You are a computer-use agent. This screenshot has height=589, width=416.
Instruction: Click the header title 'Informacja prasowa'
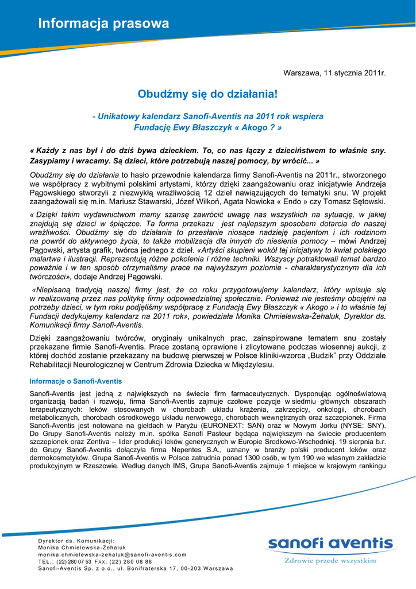click(x=103, y=24)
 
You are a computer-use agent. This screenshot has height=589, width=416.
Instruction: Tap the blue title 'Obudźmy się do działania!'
click(x=207, y=93)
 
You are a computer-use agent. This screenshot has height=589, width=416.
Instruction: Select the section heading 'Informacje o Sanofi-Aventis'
click(x=76, y=381)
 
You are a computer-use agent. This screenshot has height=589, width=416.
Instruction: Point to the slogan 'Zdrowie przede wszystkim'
click(x=330, y=560)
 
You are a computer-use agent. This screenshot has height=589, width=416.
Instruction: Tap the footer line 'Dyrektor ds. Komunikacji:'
click(x=76, y=541)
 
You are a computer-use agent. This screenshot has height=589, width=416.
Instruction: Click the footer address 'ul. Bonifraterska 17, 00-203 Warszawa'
click(x=175, y=568)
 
